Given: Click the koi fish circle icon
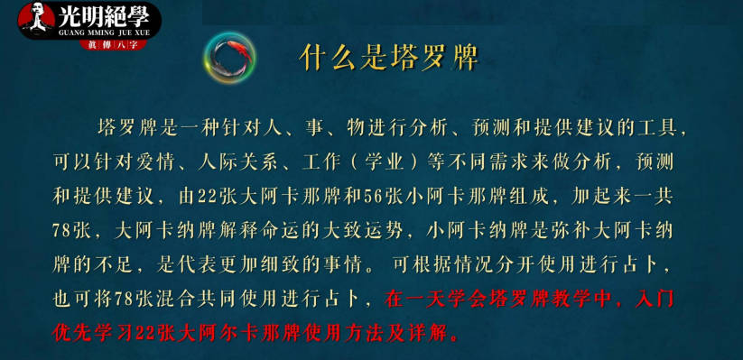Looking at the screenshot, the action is tap(230, 58).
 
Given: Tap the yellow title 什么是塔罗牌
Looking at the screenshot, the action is tap(389, 59).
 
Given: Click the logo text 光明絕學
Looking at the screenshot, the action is tap(104, 16).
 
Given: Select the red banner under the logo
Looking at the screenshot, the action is tap(113, 45).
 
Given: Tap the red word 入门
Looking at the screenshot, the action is tap(654, 300).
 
